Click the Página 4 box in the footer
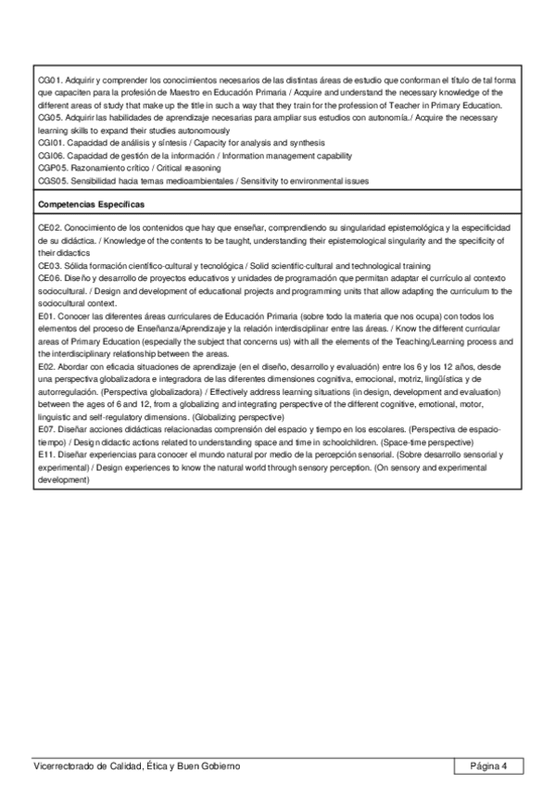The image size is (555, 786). click(x=488, y=766)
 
